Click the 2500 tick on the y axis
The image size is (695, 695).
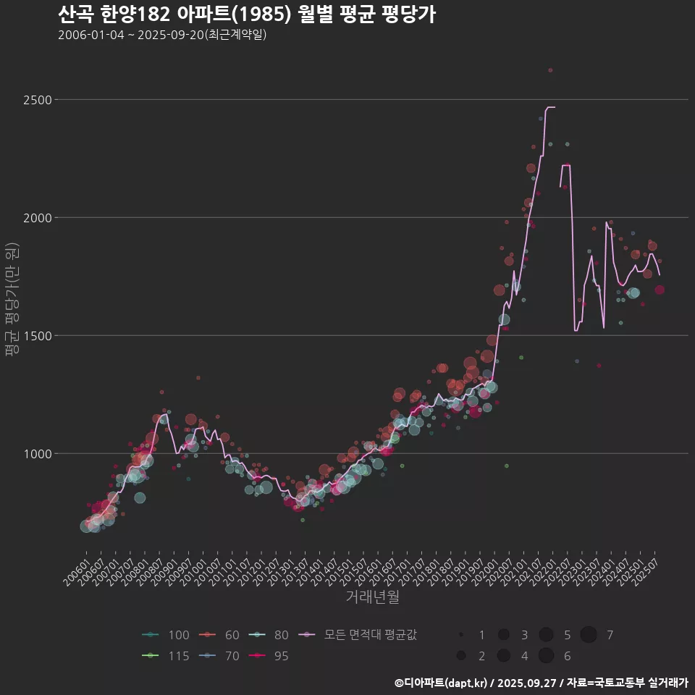click(35, 99)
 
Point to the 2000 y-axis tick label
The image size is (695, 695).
click(35, 217)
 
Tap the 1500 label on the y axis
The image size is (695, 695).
click(35, 335)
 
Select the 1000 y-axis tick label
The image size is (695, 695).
click(35, 454)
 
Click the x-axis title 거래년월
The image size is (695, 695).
click(372, 597)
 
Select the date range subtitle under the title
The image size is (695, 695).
click(162, 35)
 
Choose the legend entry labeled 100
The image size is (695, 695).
click(166, 635)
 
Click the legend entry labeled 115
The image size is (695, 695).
click(166, 656)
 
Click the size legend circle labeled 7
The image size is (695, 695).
click(589, 635)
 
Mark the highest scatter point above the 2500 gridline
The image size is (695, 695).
click(550, 70)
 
